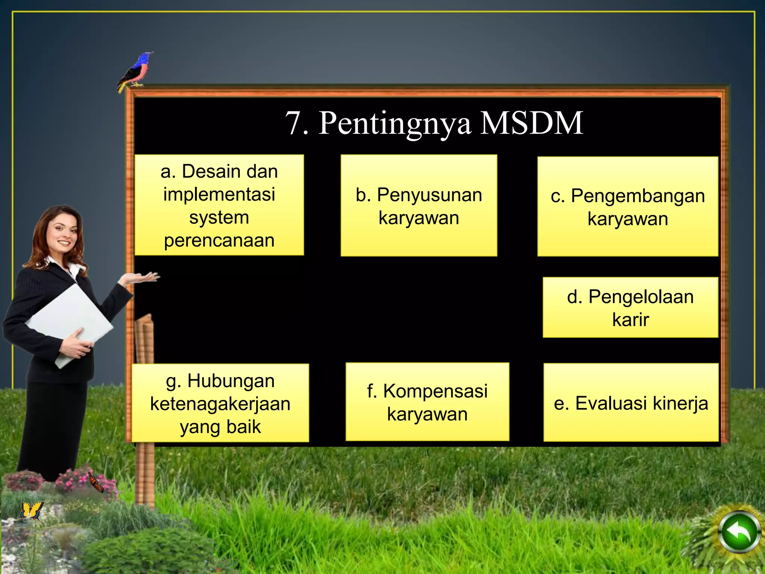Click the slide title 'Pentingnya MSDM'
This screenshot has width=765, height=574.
point(434,123)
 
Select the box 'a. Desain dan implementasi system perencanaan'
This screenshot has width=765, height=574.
point(219,205)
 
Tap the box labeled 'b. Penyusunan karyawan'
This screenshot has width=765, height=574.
point(419,205)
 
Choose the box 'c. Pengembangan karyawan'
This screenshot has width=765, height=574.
point(628,206)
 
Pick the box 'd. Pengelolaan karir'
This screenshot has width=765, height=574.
point(630,307)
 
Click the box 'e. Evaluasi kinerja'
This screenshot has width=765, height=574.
point(631,402)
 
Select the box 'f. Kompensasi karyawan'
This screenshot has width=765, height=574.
point(427,402)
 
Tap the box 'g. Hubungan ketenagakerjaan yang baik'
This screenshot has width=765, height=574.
point(220,403)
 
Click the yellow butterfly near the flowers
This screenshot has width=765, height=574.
point(31,511)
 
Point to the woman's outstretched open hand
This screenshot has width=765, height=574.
point(144,278)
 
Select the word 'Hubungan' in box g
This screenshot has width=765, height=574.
point(231,381)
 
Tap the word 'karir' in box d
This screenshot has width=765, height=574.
point(631,320)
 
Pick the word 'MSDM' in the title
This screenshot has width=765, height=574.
point(532,123)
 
